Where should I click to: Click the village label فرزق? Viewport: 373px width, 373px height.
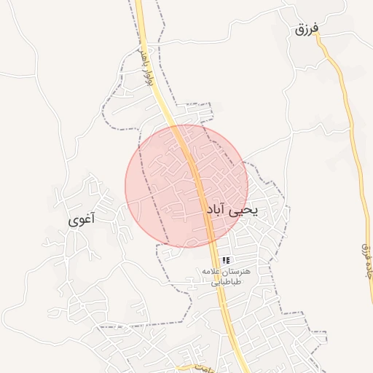point(307,30)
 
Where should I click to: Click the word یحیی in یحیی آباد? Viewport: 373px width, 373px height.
point(244,210)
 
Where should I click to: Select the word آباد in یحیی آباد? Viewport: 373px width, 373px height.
point(217,210)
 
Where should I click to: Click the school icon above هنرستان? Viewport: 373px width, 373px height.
point(226,260)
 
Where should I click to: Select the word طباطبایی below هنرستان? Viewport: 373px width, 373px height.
point(226,282)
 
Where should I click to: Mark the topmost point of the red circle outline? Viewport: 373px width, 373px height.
point(186,125)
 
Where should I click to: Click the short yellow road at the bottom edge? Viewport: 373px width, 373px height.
point(191,367)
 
